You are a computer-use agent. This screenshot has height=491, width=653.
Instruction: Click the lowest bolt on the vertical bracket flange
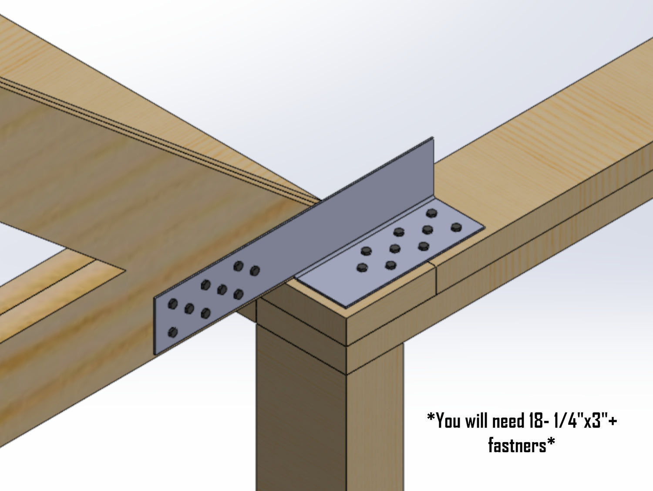point(173,332)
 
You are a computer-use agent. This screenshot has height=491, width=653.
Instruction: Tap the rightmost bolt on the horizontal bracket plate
point(456,227)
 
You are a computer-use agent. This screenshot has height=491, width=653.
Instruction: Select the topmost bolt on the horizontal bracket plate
point(431,213)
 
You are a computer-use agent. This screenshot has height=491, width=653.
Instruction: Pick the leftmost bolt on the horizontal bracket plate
point(361,268)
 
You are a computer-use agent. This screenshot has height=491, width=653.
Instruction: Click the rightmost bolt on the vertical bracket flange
point(255,271)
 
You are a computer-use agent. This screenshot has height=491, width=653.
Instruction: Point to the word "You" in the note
point(449,421)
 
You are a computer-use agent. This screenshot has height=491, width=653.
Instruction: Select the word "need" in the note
point(509,421)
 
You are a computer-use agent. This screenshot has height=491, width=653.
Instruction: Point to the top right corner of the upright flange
point(433,138)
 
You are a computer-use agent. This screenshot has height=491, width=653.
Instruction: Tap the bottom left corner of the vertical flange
point(155,353)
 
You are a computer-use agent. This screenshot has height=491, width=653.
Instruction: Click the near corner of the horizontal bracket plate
point(340,304)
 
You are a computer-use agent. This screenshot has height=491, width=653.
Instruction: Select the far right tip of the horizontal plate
point(484,227)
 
